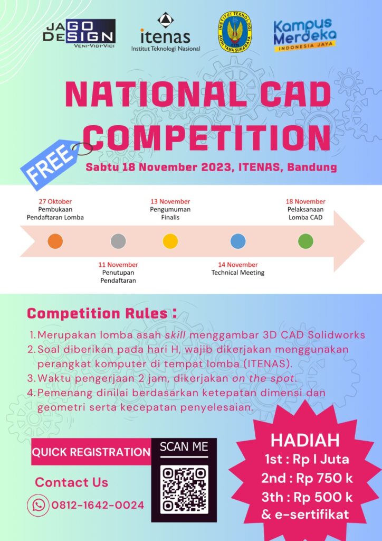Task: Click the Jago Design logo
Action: click(x=79, y=33)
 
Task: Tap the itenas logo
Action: click(x=165, y=33)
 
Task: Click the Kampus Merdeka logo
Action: click(x=304, y=34)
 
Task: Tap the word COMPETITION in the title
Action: click(x=206, y=136)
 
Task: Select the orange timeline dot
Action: click(x=55, y=241)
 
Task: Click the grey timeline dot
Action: click(x=118, y=241)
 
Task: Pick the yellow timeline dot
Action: click(x=170, y=241)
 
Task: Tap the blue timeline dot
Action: click(x=238, y=241)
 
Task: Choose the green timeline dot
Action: click(x=305, y=241)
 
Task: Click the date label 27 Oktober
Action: click(x=55, y=201)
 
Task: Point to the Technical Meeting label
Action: click(x=238, y=273)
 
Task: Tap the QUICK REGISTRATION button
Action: click(x=91, y=452)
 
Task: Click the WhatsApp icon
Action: click(x=38, y=505)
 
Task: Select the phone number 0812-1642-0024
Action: click(x=98, y=505)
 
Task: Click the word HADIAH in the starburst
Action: click(x=305, y=440)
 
